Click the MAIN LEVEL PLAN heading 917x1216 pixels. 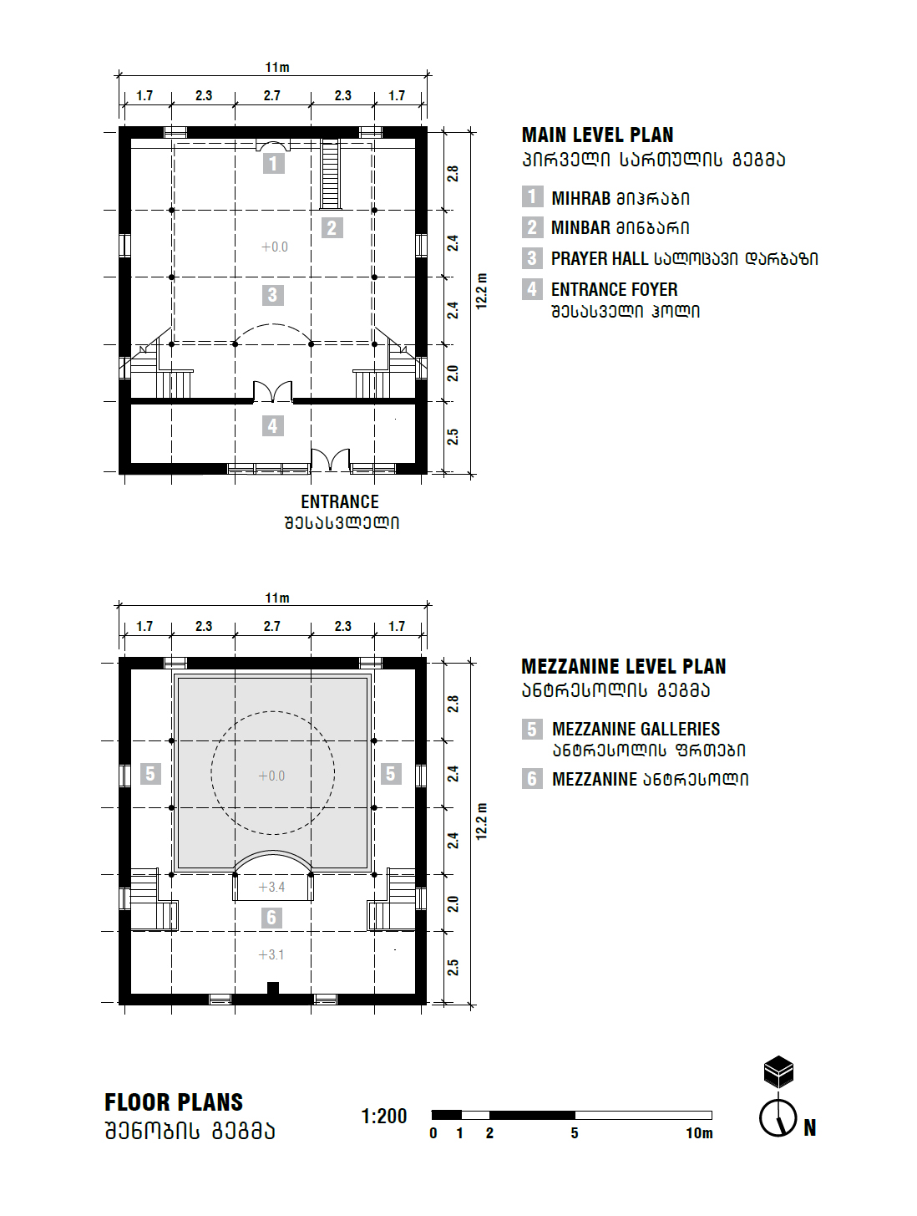pyautogui.click(x=597, y=135)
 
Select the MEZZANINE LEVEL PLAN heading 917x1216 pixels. pyautogui.click(x=623, y=666)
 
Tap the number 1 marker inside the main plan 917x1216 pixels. pyautogui.click(x=273, y=163)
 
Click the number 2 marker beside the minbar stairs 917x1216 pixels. pyautogui.click(x=332, y=227)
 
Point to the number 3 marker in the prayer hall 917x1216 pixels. pyautogui.click(x=272, y=295)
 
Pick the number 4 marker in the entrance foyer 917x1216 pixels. pyautogui.click(x=272, y=426)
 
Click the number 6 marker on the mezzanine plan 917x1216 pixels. pyautogui.click(x=271, y=918)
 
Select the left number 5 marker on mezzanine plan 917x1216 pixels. pyautogui.click(x=150, y=774)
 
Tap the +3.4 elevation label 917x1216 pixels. pyautogui.click(x=271, y=888)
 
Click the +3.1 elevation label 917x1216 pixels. pyautogui.click(x=271, y=954)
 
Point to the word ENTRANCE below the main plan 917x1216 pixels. pyautogui.click(x=339, y=501)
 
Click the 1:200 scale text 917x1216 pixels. pyautogui.click(x=383, y=1117)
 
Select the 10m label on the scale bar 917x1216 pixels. pyautogui.click(x=699, y=1133)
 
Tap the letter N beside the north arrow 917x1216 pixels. pyautogui.click(x=809, y=1127)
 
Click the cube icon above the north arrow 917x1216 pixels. pyautogui.click(x=778, y=1071)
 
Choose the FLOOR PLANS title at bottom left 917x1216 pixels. pyautogui.click(x=174, y=1102)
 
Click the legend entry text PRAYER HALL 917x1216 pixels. pyautogui.click(x=600, y=259)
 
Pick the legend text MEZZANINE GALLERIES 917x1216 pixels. pyautogui.click(x=636, y=729)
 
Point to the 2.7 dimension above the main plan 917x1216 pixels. pyautogui.click(x=272, y=95)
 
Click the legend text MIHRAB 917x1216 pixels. pyautogui.click(x=581, y=198)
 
